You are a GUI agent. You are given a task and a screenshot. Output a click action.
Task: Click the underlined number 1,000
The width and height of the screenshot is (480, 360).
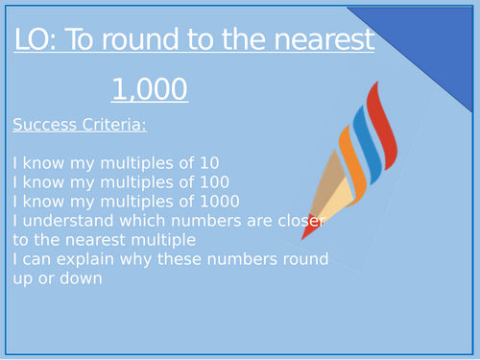(x=149, y=89)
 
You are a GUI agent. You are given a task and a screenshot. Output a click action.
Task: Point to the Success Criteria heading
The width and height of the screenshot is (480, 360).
(x=80, y=124)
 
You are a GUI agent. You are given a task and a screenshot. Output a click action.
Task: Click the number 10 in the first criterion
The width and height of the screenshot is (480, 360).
(x=205, y=162)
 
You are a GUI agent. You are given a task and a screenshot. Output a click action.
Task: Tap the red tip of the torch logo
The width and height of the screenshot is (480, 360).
(x=310, y=230)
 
